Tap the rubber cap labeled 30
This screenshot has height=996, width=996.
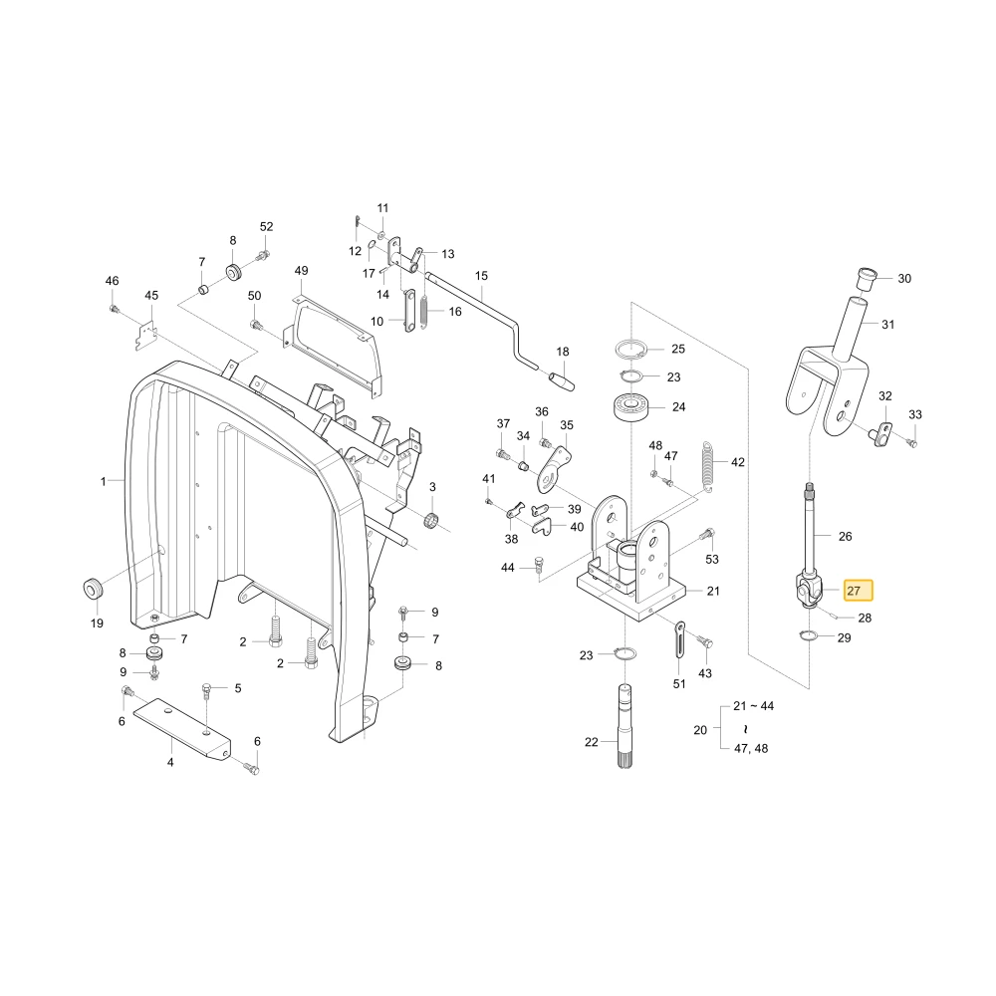(867, 279)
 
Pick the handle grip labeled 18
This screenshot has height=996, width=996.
(562, 380)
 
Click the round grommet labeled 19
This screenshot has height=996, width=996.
(94, 589)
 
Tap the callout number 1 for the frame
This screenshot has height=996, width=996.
(103, 481)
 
